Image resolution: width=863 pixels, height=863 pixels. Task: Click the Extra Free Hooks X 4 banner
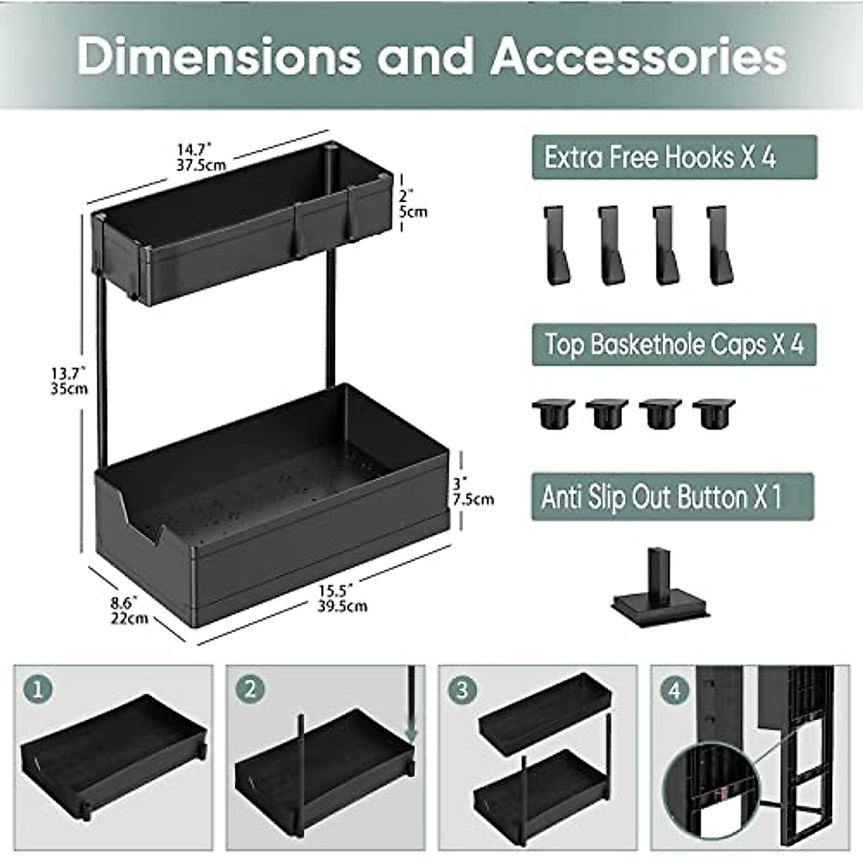[674, 157]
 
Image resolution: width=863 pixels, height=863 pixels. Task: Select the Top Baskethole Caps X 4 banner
[674, 344]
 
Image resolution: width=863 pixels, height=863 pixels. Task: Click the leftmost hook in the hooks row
[556, 245]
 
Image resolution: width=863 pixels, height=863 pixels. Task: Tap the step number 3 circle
[462, 690]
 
